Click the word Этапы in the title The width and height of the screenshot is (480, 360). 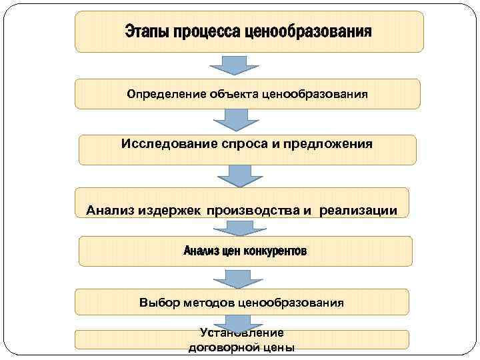pyautogui.click(x=144, y=32)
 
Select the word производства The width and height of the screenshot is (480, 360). pyautogui.click(x=254, y=211)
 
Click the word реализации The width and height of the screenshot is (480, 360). pyautogui.click(x=358, y=211)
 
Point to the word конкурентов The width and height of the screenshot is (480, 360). pyautogui.click(x=275, y=251)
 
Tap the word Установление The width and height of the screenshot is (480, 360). pyautogui.click(x=241, y=333)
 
